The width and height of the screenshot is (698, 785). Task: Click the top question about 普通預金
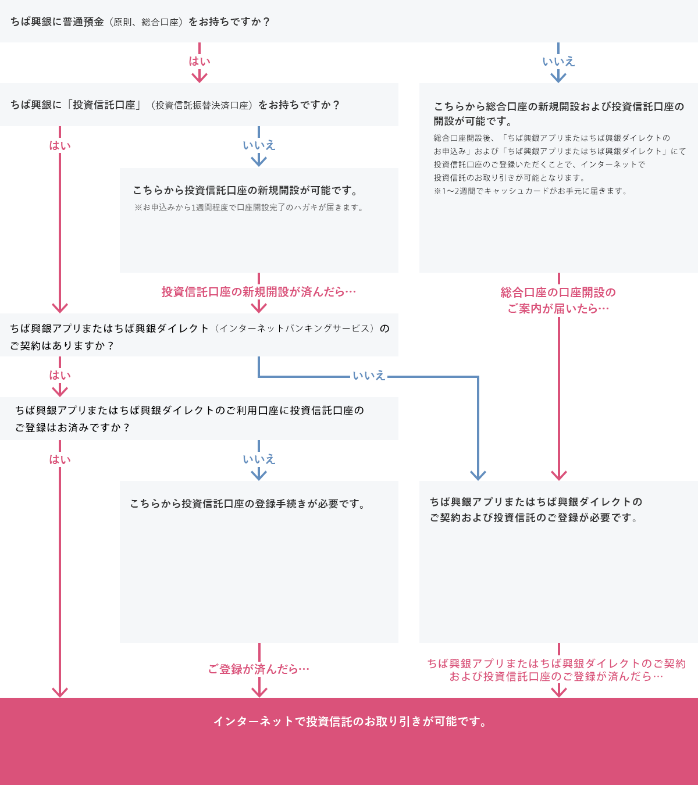pos(140,22)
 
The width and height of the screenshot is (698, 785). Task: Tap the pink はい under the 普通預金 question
pos(199,61)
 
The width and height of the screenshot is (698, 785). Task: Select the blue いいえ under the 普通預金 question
pos(558,61)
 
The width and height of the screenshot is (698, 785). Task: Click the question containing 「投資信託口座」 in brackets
pos(175,105)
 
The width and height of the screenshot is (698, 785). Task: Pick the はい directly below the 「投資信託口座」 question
pos(59,145)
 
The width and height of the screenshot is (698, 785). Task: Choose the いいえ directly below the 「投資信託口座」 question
pos(259,145)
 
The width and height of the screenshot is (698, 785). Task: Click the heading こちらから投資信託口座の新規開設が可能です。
pos(245,191)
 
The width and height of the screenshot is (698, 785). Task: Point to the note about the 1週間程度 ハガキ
pos(250,208)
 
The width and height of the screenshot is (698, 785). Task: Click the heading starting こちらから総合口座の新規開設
pos(558,113)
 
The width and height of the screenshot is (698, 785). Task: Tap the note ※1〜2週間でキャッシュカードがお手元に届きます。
pos(531,191)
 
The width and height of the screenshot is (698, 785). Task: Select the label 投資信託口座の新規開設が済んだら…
pos(258,292)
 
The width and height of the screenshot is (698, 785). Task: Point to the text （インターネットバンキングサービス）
pos(295,329)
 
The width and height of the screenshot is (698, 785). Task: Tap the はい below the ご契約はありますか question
pos(59,376)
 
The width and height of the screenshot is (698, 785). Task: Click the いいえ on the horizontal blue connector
pos(369,376)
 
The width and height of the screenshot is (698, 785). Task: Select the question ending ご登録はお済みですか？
pos(190,419)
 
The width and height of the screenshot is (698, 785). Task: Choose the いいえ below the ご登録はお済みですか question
pos(259,459)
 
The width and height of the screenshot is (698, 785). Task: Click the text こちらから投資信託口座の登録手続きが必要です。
pos(248,504)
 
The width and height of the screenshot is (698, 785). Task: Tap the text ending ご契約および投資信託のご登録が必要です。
pos(536,509)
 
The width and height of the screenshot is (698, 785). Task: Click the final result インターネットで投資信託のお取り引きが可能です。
pos(350,722)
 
